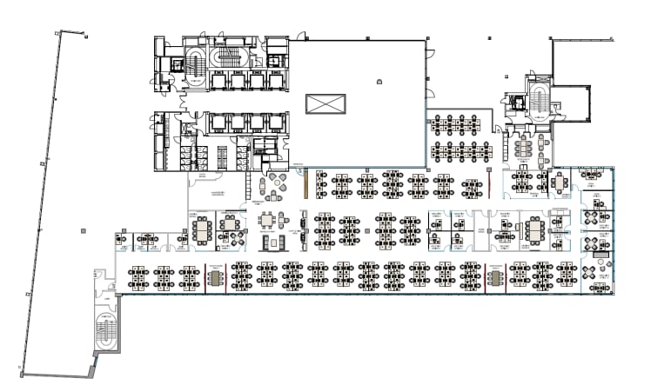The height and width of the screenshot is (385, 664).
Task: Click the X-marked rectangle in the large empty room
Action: tap(326, 105)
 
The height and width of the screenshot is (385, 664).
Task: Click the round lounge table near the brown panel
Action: tap(278, 183)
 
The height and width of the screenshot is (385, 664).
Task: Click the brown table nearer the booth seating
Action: tap(216, 277)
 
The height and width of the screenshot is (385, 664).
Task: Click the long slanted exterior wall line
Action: tap(39, 200)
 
